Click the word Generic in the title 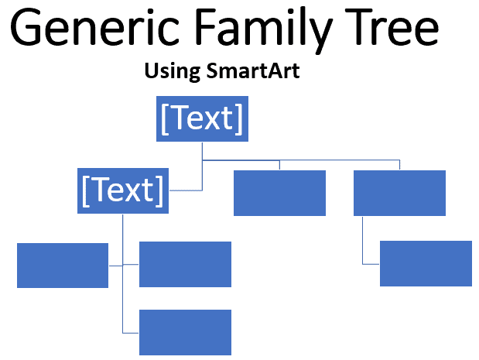click(x=94, y=27)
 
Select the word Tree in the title click(x=392, y=27)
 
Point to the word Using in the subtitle click(x=173, y=72)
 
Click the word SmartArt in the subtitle click(x=253, y=70)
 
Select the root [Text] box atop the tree click(x=202, y=118)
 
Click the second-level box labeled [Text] click(x=123, y=190)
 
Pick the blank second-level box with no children click(x=279, y=193)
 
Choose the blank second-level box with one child click(x=399, y=193)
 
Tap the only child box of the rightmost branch click(x=426, y=263)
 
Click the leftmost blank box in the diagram click(x=63, y=266)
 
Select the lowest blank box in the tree click(x=185, y=332)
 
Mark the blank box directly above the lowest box click(x=185, y=264)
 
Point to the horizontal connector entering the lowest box click(x=131, y=333)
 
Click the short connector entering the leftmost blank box click(x=116, y=266)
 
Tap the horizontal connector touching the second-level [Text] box click(x=186, y=190)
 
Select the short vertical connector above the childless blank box click(x=279, y=165)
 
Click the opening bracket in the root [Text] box click(x=165, y=119)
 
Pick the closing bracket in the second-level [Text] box click(x=159, y=191)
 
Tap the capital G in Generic click(x=26, y=27)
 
